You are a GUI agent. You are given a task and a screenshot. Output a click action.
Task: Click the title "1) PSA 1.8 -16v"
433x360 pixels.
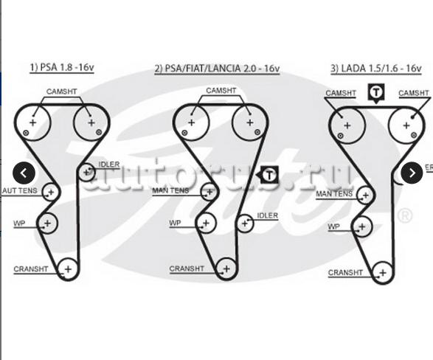62,67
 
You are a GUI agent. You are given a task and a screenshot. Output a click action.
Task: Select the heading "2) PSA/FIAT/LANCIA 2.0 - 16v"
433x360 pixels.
217,68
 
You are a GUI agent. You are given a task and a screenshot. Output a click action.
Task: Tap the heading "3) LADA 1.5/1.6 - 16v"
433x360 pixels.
376,68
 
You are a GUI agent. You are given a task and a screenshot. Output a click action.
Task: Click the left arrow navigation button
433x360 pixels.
24,173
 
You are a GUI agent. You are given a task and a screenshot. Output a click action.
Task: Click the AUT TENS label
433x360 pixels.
20,190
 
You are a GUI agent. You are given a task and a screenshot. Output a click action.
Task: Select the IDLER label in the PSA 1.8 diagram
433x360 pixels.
109,165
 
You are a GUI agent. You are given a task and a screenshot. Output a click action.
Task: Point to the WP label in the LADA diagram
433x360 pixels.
333,227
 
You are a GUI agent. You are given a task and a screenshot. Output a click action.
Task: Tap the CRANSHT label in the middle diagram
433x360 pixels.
187,269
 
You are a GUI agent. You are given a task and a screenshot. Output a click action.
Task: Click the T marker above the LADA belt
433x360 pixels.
376,93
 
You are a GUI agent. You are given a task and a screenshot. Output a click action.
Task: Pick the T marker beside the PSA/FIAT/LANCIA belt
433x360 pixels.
268,175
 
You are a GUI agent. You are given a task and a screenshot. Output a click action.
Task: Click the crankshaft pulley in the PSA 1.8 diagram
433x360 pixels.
68,269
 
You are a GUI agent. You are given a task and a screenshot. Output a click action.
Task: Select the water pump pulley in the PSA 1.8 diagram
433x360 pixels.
47,224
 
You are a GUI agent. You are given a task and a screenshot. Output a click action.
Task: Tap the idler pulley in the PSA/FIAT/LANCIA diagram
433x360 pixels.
245,223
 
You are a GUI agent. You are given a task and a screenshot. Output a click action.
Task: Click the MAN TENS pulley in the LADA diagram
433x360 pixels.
366,195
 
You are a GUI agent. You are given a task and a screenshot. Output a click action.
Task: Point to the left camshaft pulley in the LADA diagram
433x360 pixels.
347,125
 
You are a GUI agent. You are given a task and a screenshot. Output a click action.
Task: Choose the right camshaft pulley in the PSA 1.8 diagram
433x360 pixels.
91,122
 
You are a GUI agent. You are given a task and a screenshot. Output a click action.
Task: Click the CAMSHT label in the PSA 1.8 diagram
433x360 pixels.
61,91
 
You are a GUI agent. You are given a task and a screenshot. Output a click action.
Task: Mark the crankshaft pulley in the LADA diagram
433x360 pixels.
383,273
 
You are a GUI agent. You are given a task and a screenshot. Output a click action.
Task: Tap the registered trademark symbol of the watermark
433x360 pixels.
405,215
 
